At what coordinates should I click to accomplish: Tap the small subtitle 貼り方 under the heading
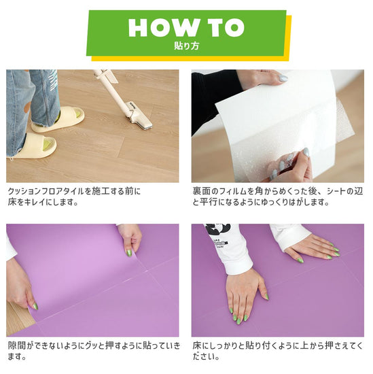pyautogui.click(x=185, y=47)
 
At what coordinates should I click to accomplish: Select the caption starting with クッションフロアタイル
pyautogui.click(x=74, y=197)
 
